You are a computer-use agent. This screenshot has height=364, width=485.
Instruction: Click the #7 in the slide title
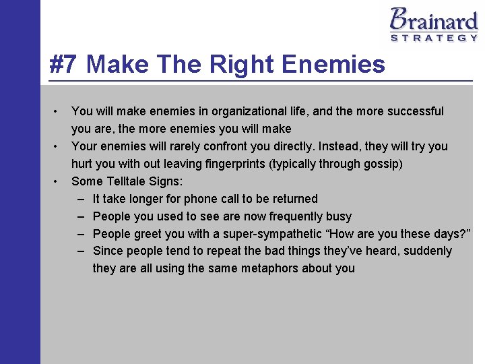pyautogui.click(x=64, y=65)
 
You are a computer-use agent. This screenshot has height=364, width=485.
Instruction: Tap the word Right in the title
pyautogui.click(x=243, y=65)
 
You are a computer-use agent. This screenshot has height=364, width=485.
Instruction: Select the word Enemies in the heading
pyautogui.click(x=334, y=65)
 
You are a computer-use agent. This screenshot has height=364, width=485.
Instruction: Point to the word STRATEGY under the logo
pyautogui.click(x=434, y=38)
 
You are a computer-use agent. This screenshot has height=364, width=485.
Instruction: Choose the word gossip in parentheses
pyautogui.click(x=381, y=164)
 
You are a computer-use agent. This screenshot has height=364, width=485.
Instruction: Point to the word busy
pyautogui.click(x=338, y=216)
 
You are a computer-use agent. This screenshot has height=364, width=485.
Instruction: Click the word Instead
pyautogui.click(x=339, y=146)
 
